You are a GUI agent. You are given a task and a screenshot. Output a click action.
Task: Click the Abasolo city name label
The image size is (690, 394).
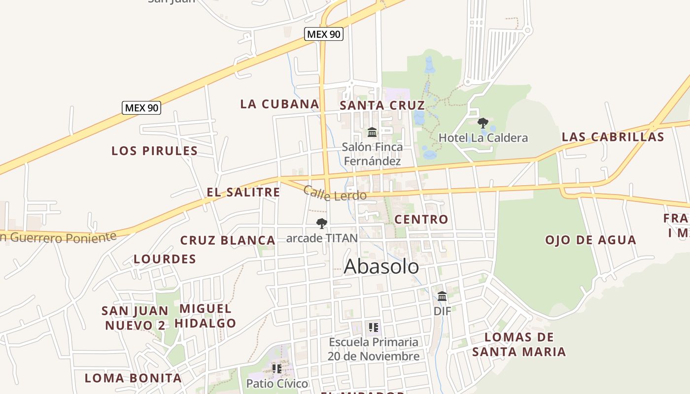coord(381,266)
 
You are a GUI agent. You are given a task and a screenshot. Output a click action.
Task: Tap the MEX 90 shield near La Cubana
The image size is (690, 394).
coord(323,34)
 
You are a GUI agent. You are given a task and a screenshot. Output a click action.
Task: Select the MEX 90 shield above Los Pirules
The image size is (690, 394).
coord(141,107)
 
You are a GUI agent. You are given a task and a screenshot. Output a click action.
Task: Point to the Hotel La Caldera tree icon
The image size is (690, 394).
coord(483,123)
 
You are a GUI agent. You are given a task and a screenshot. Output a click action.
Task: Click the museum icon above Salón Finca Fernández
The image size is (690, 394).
coord(372,132)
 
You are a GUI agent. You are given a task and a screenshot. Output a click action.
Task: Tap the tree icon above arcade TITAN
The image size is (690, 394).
coord(322,224)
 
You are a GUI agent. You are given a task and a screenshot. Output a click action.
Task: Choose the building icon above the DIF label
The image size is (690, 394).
coord(442,296)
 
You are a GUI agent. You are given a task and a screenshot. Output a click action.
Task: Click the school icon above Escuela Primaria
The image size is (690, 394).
coord(374,327)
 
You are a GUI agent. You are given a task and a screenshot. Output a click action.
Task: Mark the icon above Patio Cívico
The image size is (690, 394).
coord(277,368)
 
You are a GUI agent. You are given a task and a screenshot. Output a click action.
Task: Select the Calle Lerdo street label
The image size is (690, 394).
coord(335,194)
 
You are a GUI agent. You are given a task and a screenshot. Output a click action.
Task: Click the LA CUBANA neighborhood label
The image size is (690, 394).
coord(279,104)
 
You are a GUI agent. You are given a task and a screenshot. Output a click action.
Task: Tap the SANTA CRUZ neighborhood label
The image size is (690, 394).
coord(382,105)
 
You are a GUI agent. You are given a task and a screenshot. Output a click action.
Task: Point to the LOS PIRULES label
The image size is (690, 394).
coord(154,151)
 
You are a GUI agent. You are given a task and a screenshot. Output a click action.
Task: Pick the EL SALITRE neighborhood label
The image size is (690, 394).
coord(243,192)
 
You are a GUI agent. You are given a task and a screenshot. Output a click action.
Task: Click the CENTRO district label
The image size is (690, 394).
coord(421,219)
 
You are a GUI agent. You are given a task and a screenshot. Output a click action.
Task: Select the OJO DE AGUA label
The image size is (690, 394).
coord(590,240)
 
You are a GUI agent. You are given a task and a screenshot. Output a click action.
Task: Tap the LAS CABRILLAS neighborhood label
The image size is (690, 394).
coord(613,137)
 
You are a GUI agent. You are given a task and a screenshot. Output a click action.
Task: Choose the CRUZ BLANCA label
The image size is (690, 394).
coord(227,240)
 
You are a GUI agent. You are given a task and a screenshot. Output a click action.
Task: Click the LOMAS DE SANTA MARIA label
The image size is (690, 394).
coord(519,344)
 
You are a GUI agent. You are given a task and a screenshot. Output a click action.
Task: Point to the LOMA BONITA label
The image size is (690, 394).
coord(133,378)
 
